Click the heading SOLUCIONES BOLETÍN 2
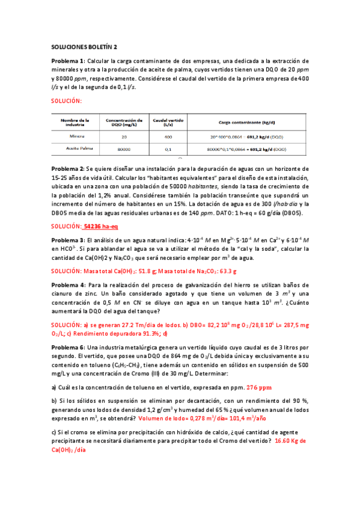84,46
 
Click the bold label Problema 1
69,61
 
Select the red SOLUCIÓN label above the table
66,101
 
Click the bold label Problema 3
69,241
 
